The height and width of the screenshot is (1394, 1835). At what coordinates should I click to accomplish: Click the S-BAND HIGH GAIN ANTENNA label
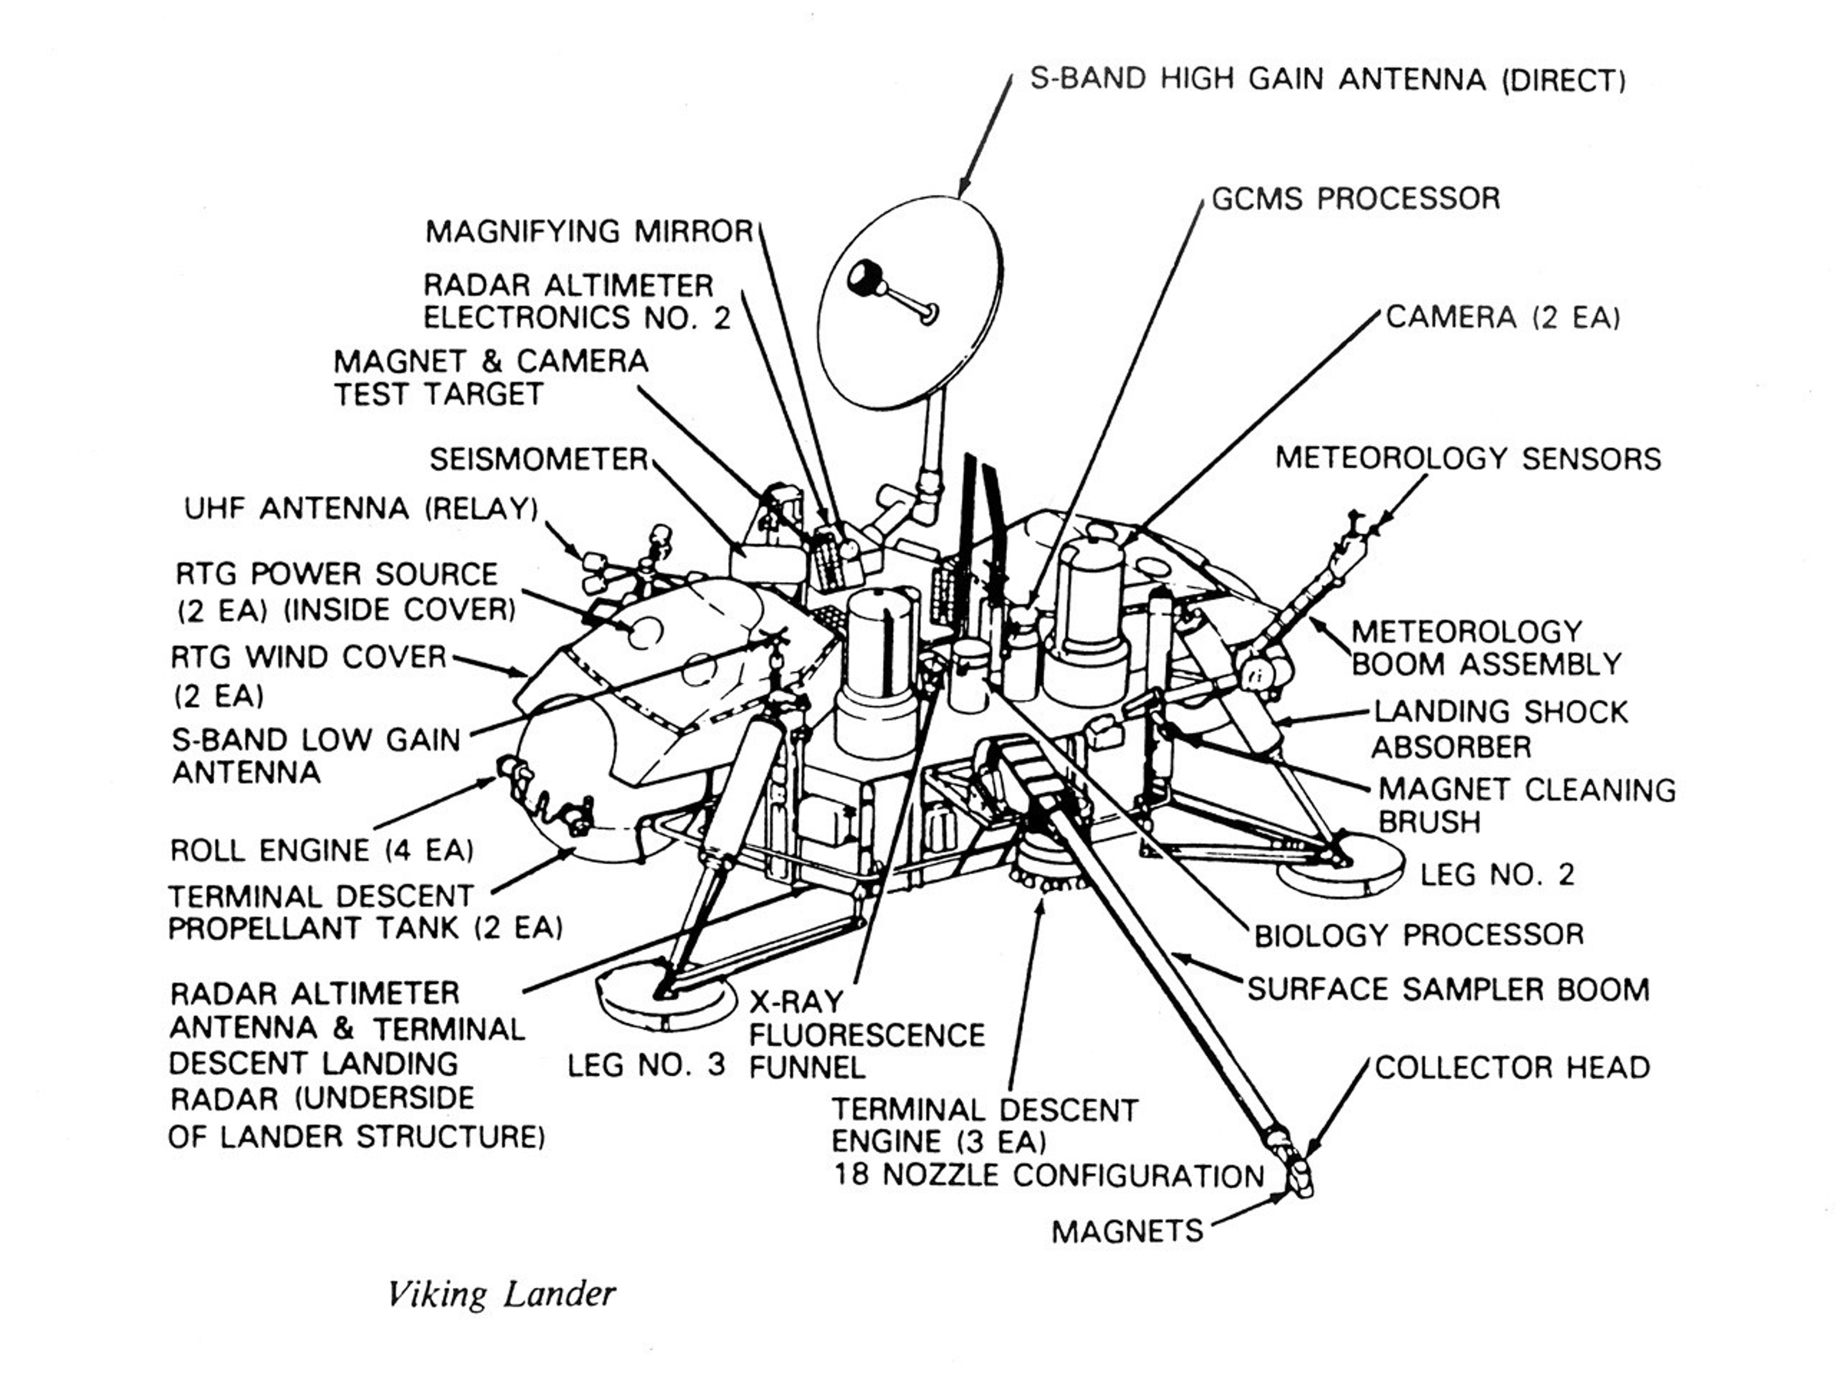click(x=1327, y=80)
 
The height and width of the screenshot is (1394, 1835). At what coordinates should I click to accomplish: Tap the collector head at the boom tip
click(x=1299, y=1177)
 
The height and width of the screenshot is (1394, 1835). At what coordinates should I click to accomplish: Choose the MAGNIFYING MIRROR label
click(x=589, y=231)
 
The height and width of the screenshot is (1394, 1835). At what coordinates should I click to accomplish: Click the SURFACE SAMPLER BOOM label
click(x=1447, y=989)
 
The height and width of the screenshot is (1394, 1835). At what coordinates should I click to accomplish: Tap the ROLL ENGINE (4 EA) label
click(x=322, y=850)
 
